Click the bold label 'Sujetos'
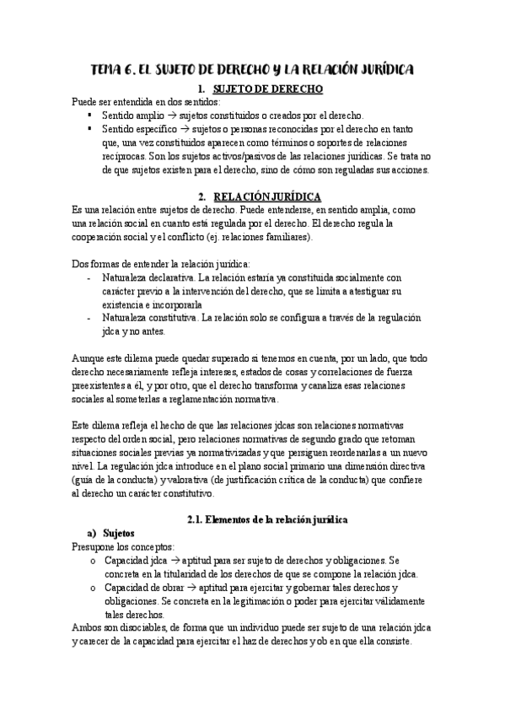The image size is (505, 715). [119, 533]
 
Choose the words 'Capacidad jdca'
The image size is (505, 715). [133, 560]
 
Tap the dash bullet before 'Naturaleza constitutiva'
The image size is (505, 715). [89, 317]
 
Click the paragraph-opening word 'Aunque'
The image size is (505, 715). [89, 357]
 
